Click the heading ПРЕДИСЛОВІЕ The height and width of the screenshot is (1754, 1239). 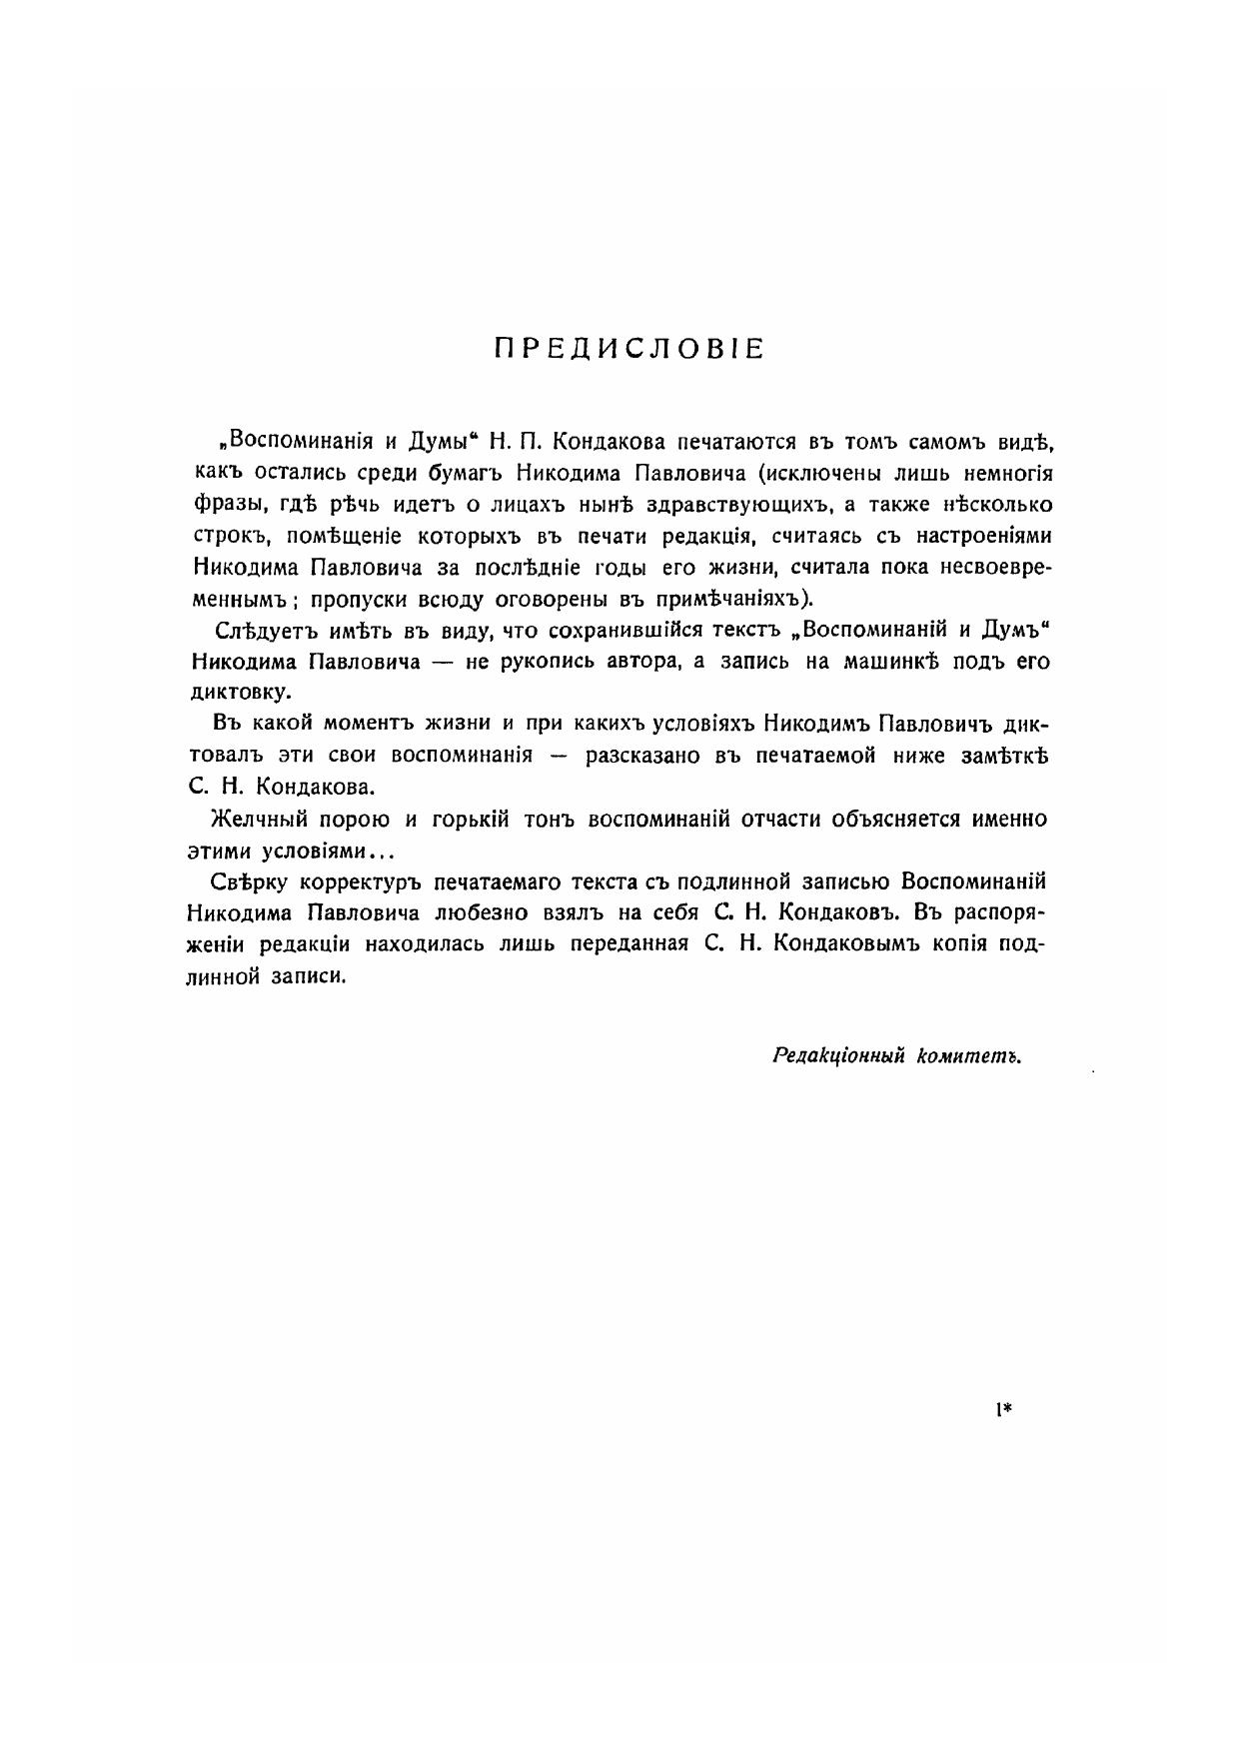coord(629,349)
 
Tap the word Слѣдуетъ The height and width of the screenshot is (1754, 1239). coord(260,631)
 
